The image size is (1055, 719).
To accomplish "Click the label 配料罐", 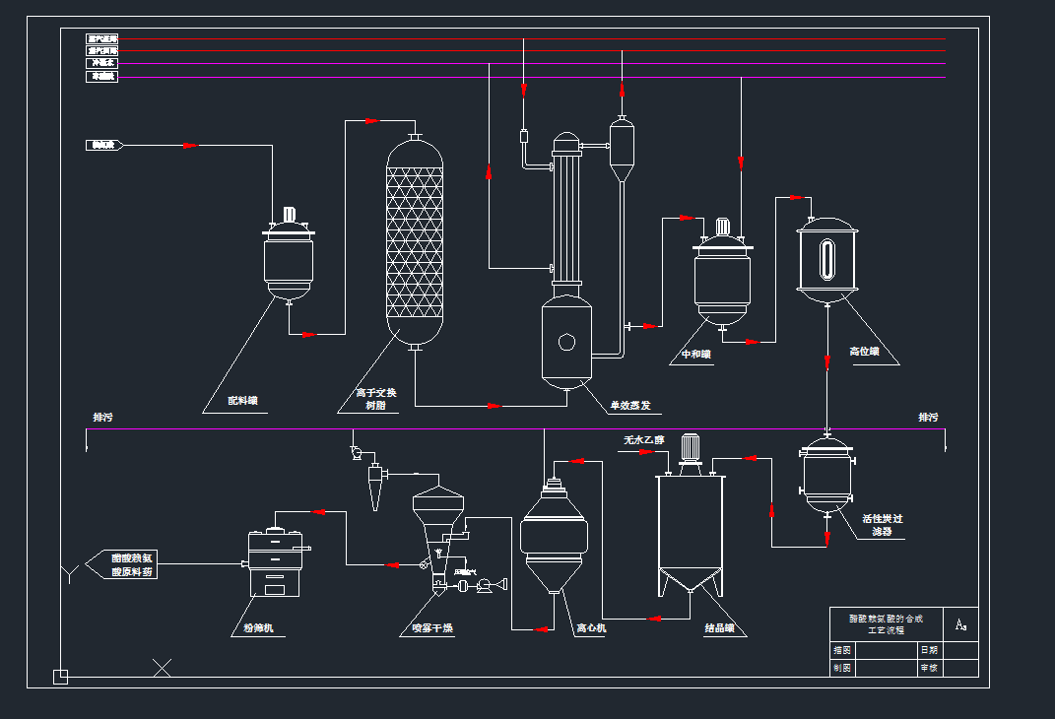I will pyautogui.click(x=241, y=401).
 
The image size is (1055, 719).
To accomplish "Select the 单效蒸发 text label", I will pyautogui.click(x=629, y=405).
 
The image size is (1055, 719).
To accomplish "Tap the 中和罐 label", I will pyautogui.click(x=695, y=355).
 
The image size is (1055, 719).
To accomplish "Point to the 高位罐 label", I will pyautogui.click(x=864, y=351).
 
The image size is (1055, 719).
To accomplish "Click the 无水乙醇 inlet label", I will pyautogui.click(x=643, y=440).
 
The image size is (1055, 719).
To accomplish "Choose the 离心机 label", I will pyautogui.click(x=590, y=627).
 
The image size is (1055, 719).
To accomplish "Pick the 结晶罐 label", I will pyautogui.click(x=719, y=627).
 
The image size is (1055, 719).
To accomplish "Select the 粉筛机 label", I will pyautogui.click(x=258, y=627).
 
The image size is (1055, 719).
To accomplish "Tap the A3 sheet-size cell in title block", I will pyautogui.click(x=960, y=624).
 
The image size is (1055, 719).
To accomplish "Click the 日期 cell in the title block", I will pyautogui.click(x=929, y=650).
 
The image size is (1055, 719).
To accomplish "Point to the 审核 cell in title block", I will pyautogui.click(x=929, y=668).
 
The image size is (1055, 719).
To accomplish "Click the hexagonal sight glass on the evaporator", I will pyautogui.click(x=566, y=342).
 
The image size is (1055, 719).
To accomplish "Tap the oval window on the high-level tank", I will pyautogui.click(x=826, y=259).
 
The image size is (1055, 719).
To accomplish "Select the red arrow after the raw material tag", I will pyautogui.click(x=189, y=146).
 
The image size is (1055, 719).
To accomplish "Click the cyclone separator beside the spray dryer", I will pyautogui.click(x=375, y=482).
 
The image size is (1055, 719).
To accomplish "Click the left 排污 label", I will pyautogui.click(x=102, y=418).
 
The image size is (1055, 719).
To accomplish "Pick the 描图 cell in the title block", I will pyautogui.click(x=841, y=650).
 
